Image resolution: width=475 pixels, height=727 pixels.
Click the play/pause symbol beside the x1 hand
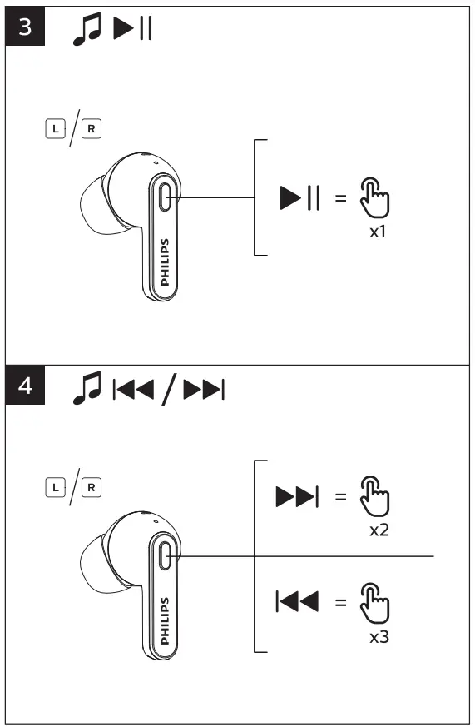click(x=300, y=198)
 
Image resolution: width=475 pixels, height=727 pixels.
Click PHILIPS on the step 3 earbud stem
click(x=165, y=262)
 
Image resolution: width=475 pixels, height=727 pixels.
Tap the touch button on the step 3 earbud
click(x=166, y=198)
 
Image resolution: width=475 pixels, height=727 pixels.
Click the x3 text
click(x=379, y=637)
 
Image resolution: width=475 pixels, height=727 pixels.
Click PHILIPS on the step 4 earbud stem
click(x=165, y=620)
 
